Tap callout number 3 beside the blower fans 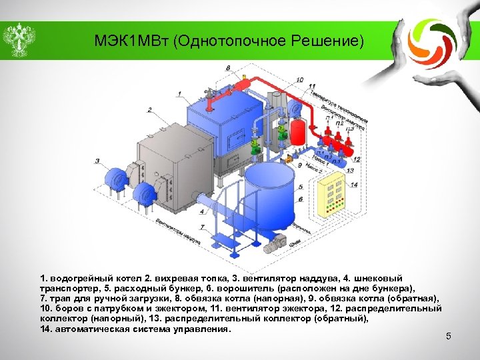tap(97, 160)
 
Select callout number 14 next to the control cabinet tap(353, 185)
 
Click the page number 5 tap(449, 336)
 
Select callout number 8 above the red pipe tap(229, 68)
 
